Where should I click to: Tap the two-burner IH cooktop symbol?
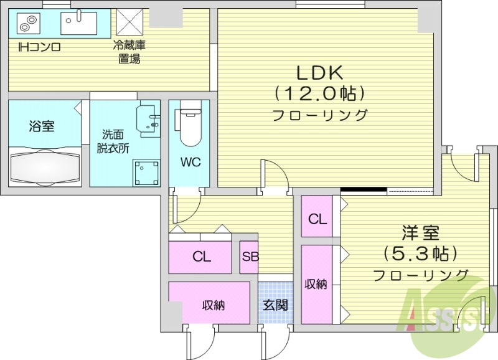27,25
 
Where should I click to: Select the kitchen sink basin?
78,24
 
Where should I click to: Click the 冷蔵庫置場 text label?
129,52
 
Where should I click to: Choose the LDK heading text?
319,73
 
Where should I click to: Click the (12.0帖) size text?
319,93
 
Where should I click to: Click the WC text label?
190,163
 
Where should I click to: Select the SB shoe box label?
250,257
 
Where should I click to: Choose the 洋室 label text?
420,234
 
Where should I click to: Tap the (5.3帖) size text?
420,254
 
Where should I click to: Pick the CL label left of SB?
201,257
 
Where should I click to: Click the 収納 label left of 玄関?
213,306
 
